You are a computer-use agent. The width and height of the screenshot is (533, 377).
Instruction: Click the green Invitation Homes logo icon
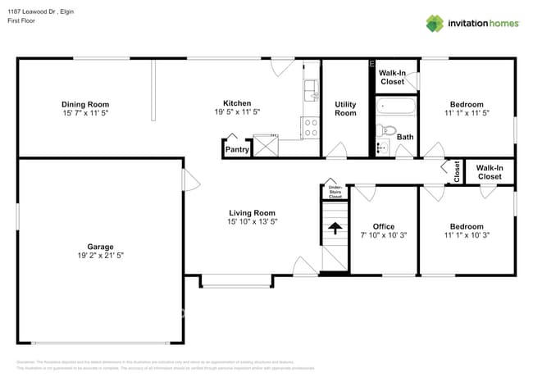[435, 23]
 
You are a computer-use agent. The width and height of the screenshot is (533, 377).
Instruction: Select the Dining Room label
[85, 104]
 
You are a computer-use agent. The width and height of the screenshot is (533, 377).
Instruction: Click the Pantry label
[237, 150]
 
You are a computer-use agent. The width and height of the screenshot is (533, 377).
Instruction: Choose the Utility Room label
[345, 108]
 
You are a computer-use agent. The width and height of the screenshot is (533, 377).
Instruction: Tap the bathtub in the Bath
[396, 107]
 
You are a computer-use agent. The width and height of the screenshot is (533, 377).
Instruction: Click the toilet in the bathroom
[389, 131]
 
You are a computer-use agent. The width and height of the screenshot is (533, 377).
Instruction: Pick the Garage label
[101, 246]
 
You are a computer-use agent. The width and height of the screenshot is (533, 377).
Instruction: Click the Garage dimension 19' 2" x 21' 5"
[101, 256]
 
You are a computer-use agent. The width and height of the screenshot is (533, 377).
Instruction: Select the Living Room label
[252, 213]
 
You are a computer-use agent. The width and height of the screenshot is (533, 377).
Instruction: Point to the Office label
[384, 226]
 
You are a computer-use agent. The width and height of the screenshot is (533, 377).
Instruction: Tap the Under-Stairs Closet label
[335, 193]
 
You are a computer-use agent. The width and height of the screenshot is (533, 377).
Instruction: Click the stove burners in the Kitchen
[311, 127]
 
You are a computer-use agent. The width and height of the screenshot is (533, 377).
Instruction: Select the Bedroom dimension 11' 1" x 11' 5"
[466, 115]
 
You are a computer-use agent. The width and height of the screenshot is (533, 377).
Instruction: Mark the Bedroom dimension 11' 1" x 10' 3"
[466, 236]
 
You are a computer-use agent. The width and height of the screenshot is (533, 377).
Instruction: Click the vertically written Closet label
[457, 171]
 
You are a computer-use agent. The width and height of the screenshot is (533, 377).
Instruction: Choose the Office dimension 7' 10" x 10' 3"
[384, 236]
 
